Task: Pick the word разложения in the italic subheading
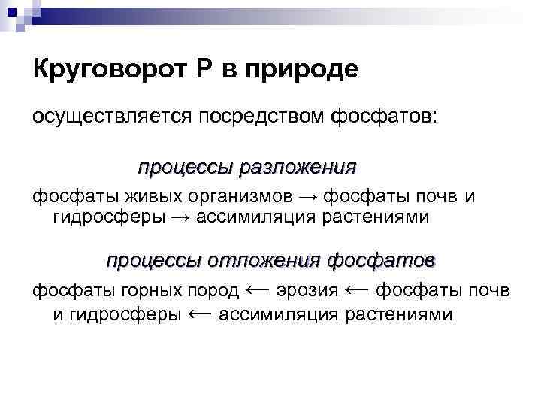[x=298, y=166]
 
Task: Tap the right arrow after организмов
[x=307, y=198]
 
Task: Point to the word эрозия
[x=307, y=290]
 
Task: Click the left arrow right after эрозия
[x=356, y=289]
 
